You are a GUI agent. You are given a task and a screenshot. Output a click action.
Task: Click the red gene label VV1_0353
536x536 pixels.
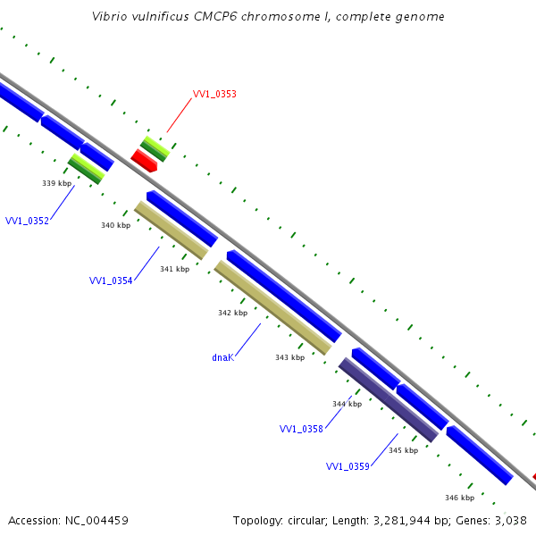tap(214, 94)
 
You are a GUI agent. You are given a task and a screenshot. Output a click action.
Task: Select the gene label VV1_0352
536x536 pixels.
tap(27, 221)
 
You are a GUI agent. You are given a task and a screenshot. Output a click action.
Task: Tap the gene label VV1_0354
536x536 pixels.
tap(111, 281)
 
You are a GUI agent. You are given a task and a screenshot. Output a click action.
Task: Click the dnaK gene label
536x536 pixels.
tap(222, 357)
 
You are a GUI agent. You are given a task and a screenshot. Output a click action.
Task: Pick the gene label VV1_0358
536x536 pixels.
tap(301, 430)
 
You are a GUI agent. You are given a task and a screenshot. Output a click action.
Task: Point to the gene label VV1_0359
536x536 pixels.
tap(348, 466)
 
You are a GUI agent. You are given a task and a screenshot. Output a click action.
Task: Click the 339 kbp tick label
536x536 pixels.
tap(56, 183)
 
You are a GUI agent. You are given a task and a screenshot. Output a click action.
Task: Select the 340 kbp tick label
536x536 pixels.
tap(116, 225)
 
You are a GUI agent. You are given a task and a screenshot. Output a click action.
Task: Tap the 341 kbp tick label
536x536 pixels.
tap(174, 269)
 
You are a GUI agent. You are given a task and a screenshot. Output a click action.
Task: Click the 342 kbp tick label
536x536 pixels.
tap(232, 313)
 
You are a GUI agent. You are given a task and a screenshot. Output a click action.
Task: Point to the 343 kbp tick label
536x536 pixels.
tap(289, 357)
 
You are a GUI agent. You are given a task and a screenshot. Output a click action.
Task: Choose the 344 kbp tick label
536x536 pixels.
tap(347, 404)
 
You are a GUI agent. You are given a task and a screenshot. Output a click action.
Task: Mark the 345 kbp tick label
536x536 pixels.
tap(403, 450)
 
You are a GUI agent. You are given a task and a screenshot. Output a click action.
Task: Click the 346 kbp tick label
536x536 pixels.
tap(459, 498)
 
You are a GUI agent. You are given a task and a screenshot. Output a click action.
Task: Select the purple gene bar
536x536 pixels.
tap(388, 399)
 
